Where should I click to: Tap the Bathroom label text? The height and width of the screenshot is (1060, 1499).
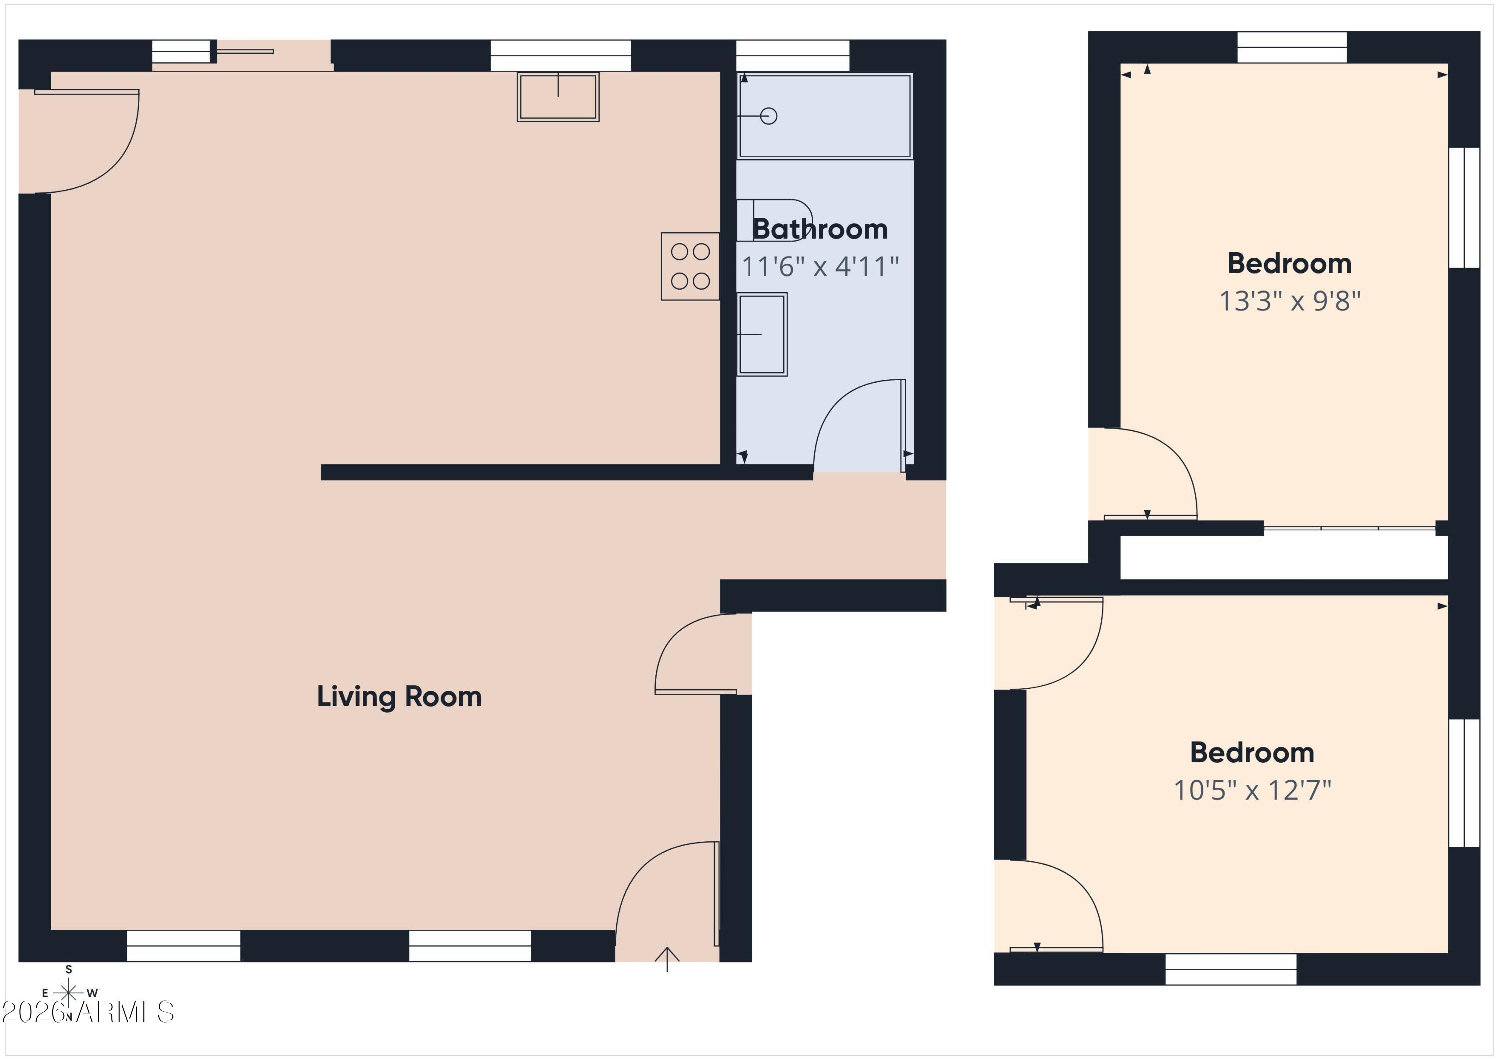pyautogui.click(x=820, y=229)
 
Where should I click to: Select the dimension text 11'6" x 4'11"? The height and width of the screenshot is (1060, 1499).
pyautogui.click(x=820, y=266)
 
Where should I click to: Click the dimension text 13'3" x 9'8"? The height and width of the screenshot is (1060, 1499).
pyautogui.click(x=1290, y=301)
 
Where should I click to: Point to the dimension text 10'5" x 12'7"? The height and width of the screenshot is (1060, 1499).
pyautogui.click(x=1252, y=790)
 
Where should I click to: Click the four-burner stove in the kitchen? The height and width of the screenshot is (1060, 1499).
pyautogui.click(x=690, y=266)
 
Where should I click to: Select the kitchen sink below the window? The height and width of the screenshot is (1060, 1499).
pyautogui.click(x=558, y=96)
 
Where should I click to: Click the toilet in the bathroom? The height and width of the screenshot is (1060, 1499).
pyautogui.click(x=774, y=221)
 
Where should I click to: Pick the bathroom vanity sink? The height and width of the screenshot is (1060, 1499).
pyautogui.click(x=762, y=334)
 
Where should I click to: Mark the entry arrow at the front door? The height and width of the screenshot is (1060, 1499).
pyautogui.click(x=667, y=959)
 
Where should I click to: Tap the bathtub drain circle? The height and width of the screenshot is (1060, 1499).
pyautogui.click(x=769, y=116)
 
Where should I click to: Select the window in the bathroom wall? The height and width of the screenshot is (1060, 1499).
pyautogui.click(x=792, y=55)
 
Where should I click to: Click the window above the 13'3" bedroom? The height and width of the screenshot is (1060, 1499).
pyautogui.click(x=1292, y=47)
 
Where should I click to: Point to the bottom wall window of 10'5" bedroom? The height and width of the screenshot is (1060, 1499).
pyautogui.click(x=1231, y=969)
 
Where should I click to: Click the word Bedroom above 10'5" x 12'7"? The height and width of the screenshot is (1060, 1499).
pyautogui.click(x=1252, y=753)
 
